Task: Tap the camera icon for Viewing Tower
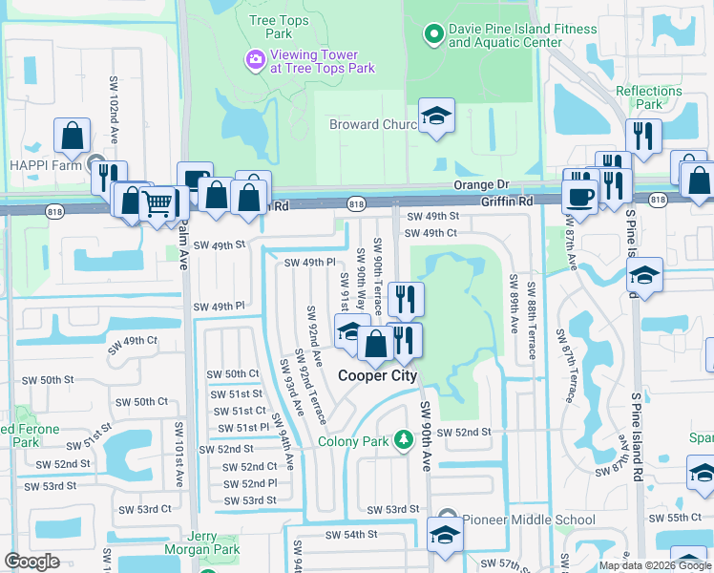coord(254,61)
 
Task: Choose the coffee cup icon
coord(579,197)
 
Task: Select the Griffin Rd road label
coord(507,202)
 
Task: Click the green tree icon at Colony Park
coord(404,438)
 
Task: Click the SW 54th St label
coord(345,535)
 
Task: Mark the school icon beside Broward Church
coord(436,117)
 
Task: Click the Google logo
coord(31,562)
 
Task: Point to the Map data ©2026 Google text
coord(655,565)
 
